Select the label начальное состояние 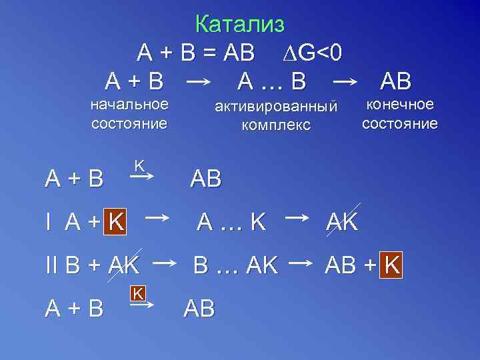coord(129,114)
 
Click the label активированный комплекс coord(276,115)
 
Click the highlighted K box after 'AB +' coord(392,266)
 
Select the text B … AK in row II coord(235,266)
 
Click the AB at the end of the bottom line coord(199,309)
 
